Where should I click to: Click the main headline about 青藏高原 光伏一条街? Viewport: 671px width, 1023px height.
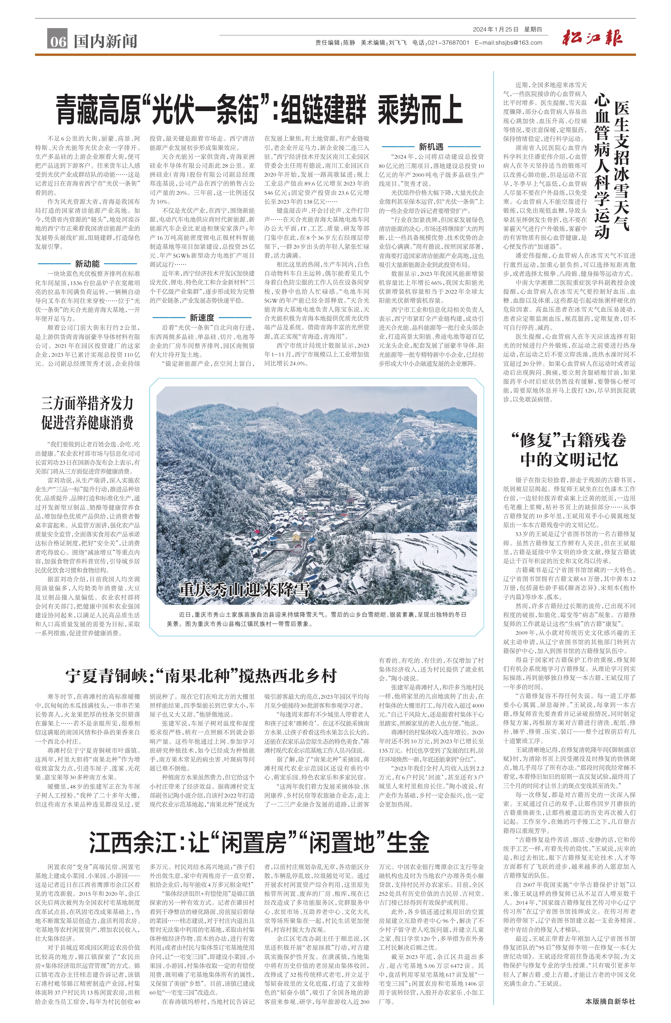pyautogui.click(x=259, y=110)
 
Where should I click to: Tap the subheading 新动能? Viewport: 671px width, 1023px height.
pyautogui.click(x=87, y=264)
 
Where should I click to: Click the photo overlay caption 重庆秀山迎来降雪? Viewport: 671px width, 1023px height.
pyautogui.click(x=244, y=589)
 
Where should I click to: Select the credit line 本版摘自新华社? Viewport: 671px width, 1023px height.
pyautogui.click(x=610, y=1010)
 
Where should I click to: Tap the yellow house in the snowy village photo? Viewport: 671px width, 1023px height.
pyautogui.click(x=296, y=536)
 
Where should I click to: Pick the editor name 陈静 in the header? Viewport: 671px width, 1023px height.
pyautogui.click(x=349, y=43)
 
